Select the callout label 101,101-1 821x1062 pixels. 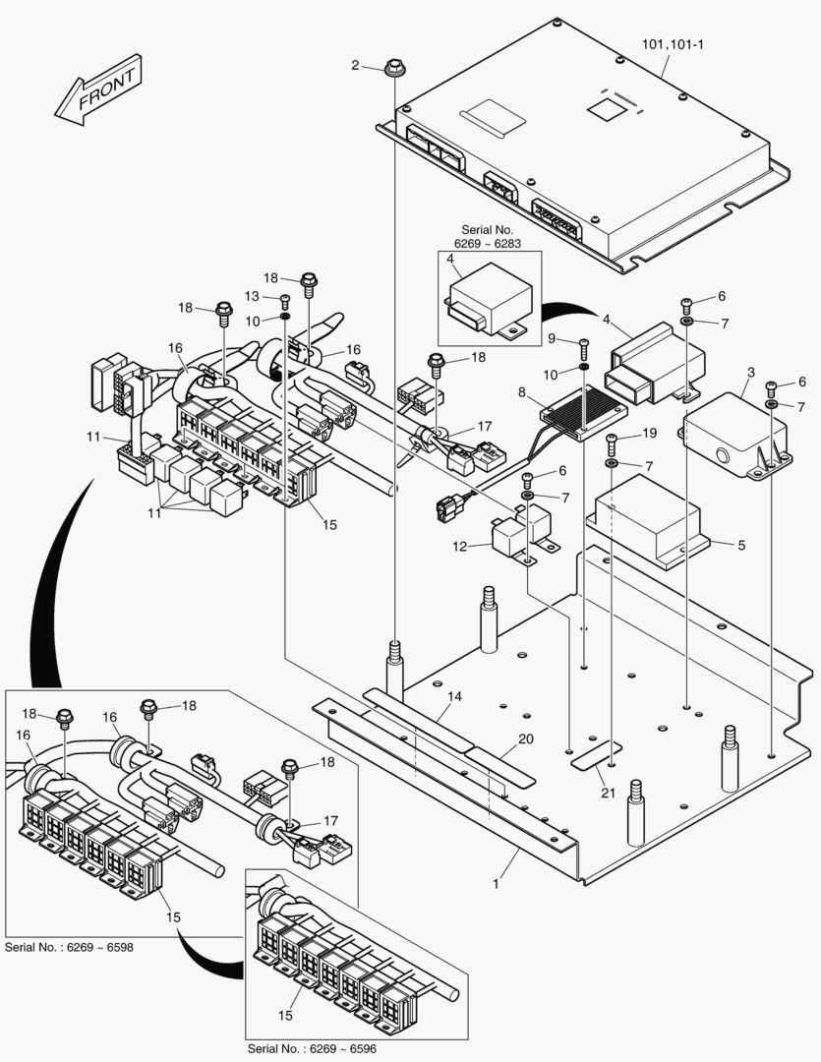coord(665,44)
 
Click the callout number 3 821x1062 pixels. coord(750,373)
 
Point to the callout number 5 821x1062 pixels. coord(741,544)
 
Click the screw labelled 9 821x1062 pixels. coord(584,345)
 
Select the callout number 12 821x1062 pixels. coord(459,546)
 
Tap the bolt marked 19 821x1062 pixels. coord(612,439)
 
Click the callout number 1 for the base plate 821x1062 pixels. coord(497,884)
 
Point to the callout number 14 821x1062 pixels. coord(453,696)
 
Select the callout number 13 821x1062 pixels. coord(253,296)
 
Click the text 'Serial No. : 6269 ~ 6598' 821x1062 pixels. coord(70,947)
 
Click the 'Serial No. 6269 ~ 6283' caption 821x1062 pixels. coord(489,236)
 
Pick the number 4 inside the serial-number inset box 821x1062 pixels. coord(450,260)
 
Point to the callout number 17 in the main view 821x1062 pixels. coord(485,426)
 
